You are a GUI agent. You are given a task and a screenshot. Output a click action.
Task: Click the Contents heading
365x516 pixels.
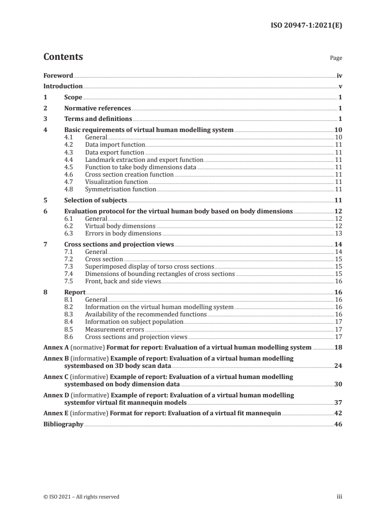(63, 57)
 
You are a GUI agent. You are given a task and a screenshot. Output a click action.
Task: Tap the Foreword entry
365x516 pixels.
(58, 75)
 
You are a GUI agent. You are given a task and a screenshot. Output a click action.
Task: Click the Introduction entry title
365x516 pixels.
(63, 86)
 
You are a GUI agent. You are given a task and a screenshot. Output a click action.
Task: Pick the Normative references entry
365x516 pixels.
(98, 109)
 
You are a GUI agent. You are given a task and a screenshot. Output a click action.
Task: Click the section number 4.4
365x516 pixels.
(69, 160)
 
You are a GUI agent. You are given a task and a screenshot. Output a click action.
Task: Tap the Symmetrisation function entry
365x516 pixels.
(121, 189)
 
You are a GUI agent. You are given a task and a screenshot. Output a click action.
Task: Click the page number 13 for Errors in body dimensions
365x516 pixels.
(338, 233)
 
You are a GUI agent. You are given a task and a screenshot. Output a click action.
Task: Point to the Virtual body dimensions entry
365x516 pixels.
(120, 226)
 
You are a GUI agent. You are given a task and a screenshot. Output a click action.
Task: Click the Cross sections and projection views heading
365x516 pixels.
(119, 245)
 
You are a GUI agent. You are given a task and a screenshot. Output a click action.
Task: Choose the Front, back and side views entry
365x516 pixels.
(123, 281)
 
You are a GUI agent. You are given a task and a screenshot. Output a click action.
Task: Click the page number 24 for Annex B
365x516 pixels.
(338, 366)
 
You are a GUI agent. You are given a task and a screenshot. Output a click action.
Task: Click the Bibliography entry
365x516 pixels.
(63, 424)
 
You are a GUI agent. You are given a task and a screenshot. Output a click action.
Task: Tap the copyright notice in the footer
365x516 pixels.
(81, 497)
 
